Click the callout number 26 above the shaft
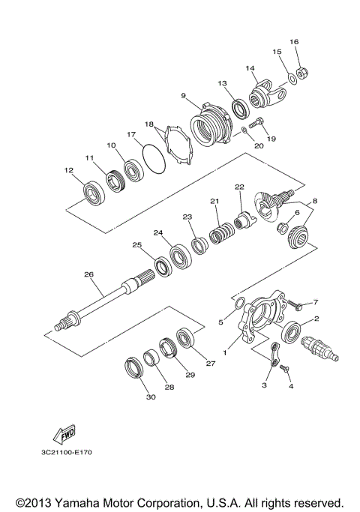[88, 274]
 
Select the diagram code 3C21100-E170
[68, 453]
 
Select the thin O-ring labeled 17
[152, 160]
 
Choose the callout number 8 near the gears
[315, 201]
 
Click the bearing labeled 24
[181, 256]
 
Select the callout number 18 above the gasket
[148, 124]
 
